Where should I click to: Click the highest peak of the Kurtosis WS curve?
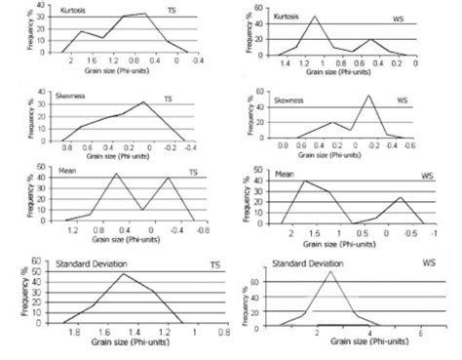tap(315, 17)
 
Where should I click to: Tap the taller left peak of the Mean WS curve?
tap(304, 180)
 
